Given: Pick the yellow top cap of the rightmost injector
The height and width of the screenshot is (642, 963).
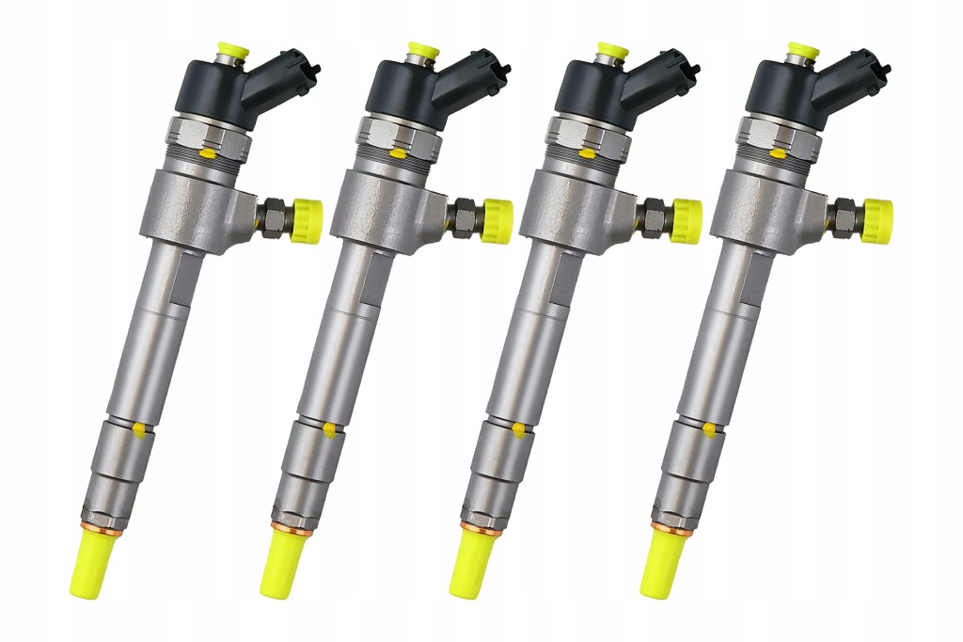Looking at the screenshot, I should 802,49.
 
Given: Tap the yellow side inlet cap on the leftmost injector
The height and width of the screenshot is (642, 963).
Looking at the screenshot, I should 307,220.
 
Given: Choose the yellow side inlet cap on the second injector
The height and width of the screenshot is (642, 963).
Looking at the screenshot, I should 497,220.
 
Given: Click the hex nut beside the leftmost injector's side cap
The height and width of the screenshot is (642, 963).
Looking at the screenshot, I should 274,217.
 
